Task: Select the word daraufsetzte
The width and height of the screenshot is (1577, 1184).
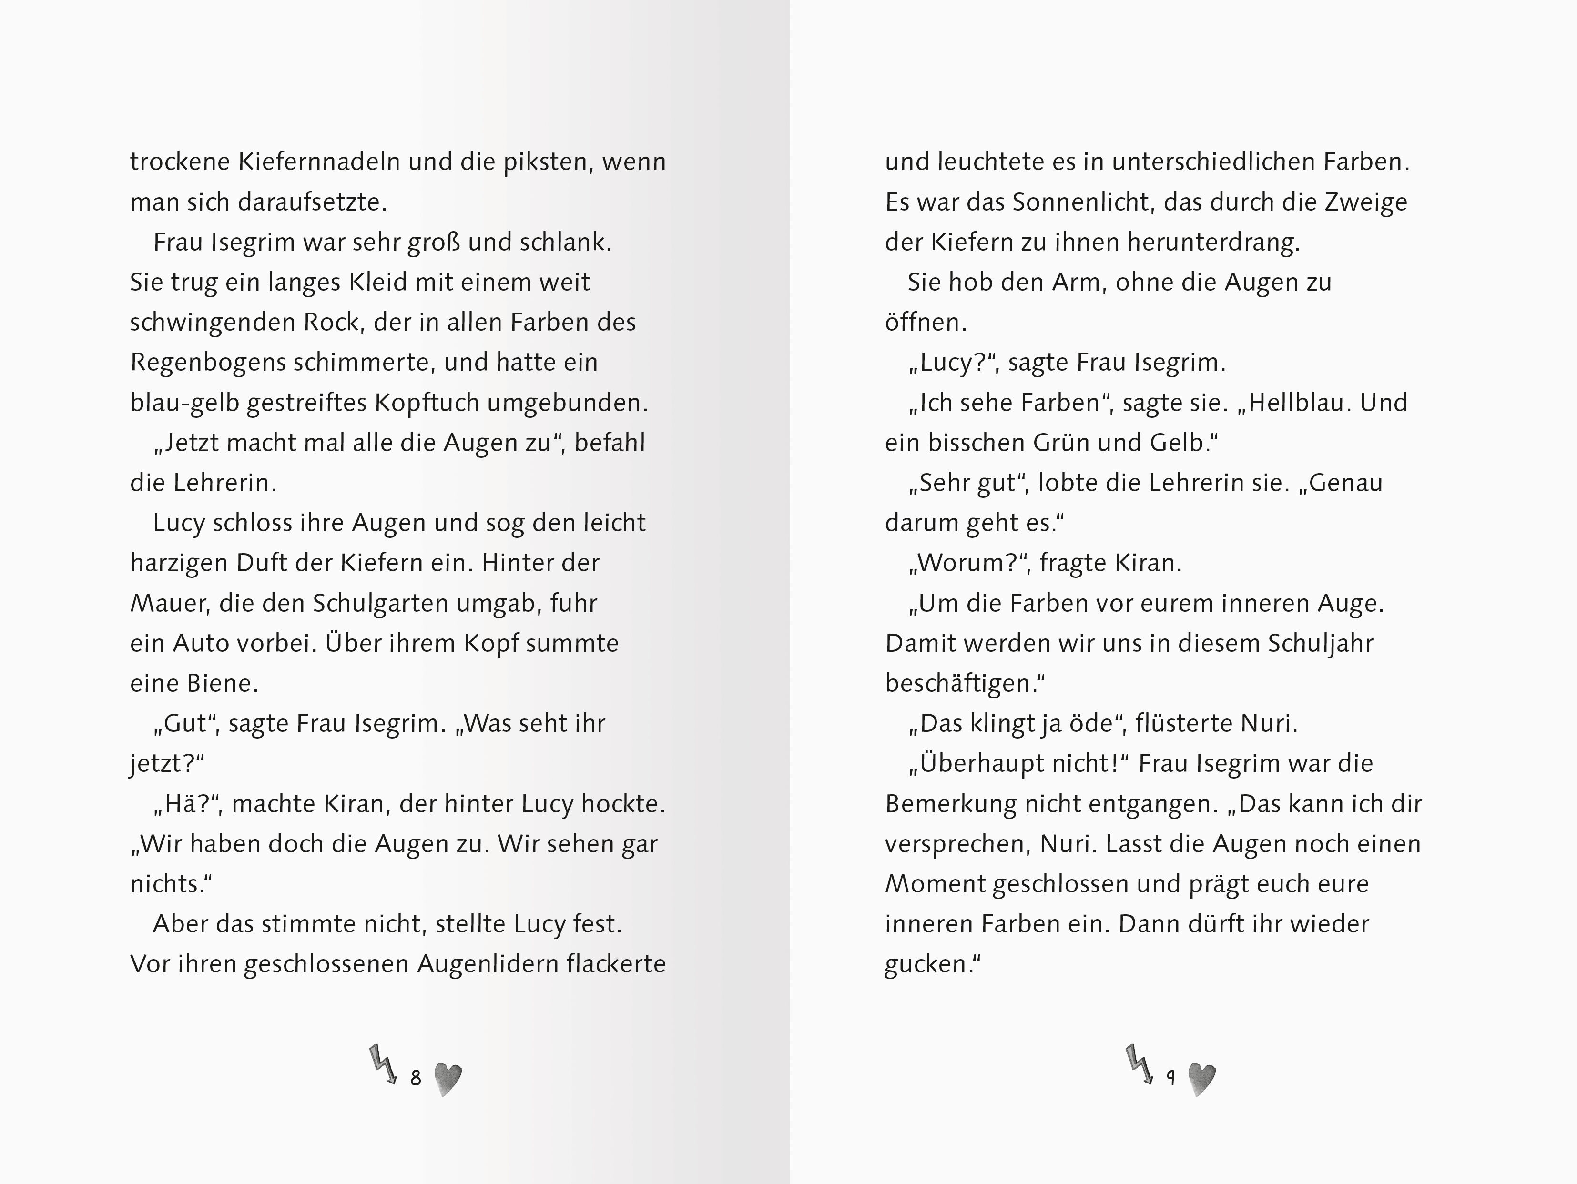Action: [312, 203]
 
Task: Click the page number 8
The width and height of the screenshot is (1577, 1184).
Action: [416, 1078]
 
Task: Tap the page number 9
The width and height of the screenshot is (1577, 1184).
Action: [1170, 1078]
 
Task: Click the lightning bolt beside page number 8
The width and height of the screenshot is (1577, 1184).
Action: [383, 1065]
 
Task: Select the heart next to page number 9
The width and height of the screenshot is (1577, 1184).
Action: [1202, 1079]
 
